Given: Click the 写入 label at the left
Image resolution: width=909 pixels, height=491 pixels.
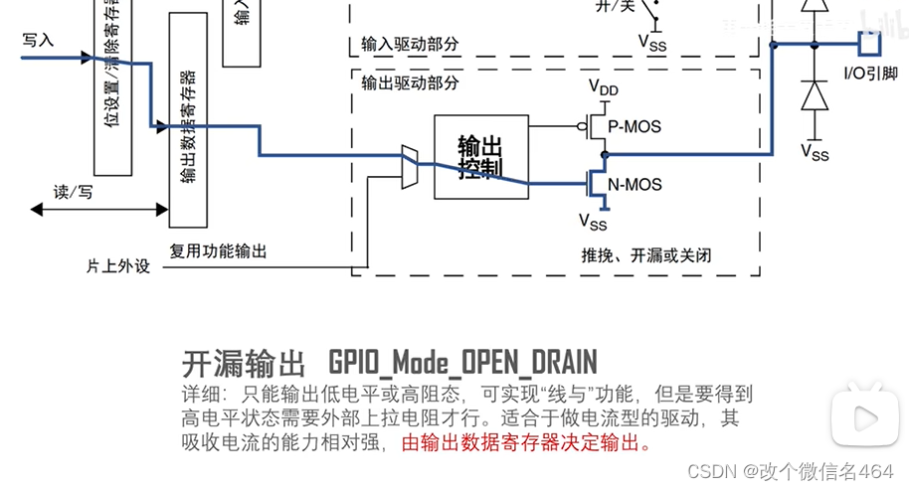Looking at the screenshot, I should pos(38,40).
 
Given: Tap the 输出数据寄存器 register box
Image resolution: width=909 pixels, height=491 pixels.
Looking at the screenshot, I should pos(188,124).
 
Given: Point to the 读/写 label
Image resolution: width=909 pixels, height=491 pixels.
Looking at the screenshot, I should pos(73,191).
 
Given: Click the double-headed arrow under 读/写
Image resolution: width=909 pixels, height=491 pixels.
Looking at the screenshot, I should pos(99,209).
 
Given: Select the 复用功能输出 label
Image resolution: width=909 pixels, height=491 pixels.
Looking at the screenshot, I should pos(218,251).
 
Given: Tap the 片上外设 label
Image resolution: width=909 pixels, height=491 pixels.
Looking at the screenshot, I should pos(117,266).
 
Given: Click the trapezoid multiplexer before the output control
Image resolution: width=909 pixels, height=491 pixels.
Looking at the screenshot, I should pos(409,166).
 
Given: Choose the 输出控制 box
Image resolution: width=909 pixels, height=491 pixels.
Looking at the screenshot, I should pos(480,157).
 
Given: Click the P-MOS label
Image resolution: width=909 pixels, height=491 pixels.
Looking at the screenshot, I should pos(634,126).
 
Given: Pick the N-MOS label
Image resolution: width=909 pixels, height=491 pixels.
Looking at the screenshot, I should pos(634,184).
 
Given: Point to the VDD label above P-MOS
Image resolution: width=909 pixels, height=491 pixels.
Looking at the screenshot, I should pos(603,87).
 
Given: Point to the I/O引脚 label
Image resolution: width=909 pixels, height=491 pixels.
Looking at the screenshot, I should pos(870,73).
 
